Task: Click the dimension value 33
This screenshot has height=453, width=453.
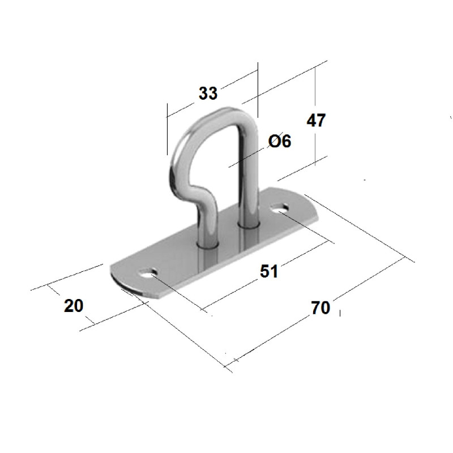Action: click(208, 93)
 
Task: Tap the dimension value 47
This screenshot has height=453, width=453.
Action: click(316, 120)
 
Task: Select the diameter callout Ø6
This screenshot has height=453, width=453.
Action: click(279, 141)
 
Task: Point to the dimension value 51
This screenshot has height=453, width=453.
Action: click(268, 271)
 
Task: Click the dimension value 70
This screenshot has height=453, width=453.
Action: click(320, 307)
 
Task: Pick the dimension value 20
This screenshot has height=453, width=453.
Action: click(74, 306)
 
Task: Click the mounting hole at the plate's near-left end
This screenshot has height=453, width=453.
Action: click(148, 273)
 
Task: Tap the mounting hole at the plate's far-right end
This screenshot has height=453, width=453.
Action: click(279, 208)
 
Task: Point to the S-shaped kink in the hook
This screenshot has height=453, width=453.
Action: click(199, 196)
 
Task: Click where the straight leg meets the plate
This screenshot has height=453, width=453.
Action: click(249, 225)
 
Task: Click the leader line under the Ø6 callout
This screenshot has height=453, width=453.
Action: click(246, 158)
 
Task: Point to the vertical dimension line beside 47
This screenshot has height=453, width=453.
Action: click(315, 116)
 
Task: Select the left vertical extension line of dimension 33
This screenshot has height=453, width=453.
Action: click(167, 129)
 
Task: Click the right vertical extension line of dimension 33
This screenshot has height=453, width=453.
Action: click(258, 90)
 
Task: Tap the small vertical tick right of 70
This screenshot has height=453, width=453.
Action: click(340, 313)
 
